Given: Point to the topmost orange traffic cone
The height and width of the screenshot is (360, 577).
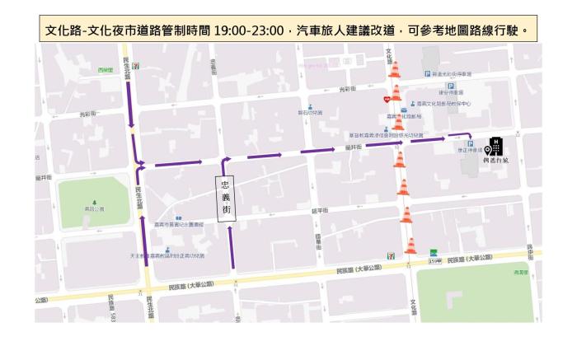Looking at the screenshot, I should (395, 69).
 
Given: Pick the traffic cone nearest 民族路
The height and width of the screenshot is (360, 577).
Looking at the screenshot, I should (410, 245).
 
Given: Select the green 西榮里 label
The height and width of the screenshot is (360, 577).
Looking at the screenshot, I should (105, 70).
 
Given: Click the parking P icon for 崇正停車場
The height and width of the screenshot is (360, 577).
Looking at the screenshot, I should (470, 143).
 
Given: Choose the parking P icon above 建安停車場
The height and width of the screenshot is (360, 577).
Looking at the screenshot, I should (450, 86).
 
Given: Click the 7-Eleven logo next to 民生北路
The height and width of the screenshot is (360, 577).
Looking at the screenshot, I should (135, 64).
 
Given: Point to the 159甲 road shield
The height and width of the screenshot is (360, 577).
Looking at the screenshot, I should (435, 261).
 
